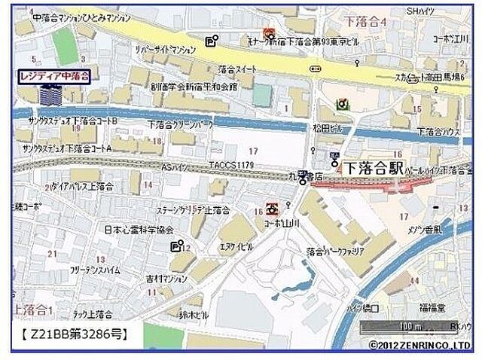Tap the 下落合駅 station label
374,167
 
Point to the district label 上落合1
31,310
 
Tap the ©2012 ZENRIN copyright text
420,345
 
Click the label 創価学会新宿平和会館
194,86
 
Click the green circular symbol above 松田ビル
343,104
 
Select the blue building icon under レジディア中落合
51,96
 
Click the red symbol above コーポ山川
272,208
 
